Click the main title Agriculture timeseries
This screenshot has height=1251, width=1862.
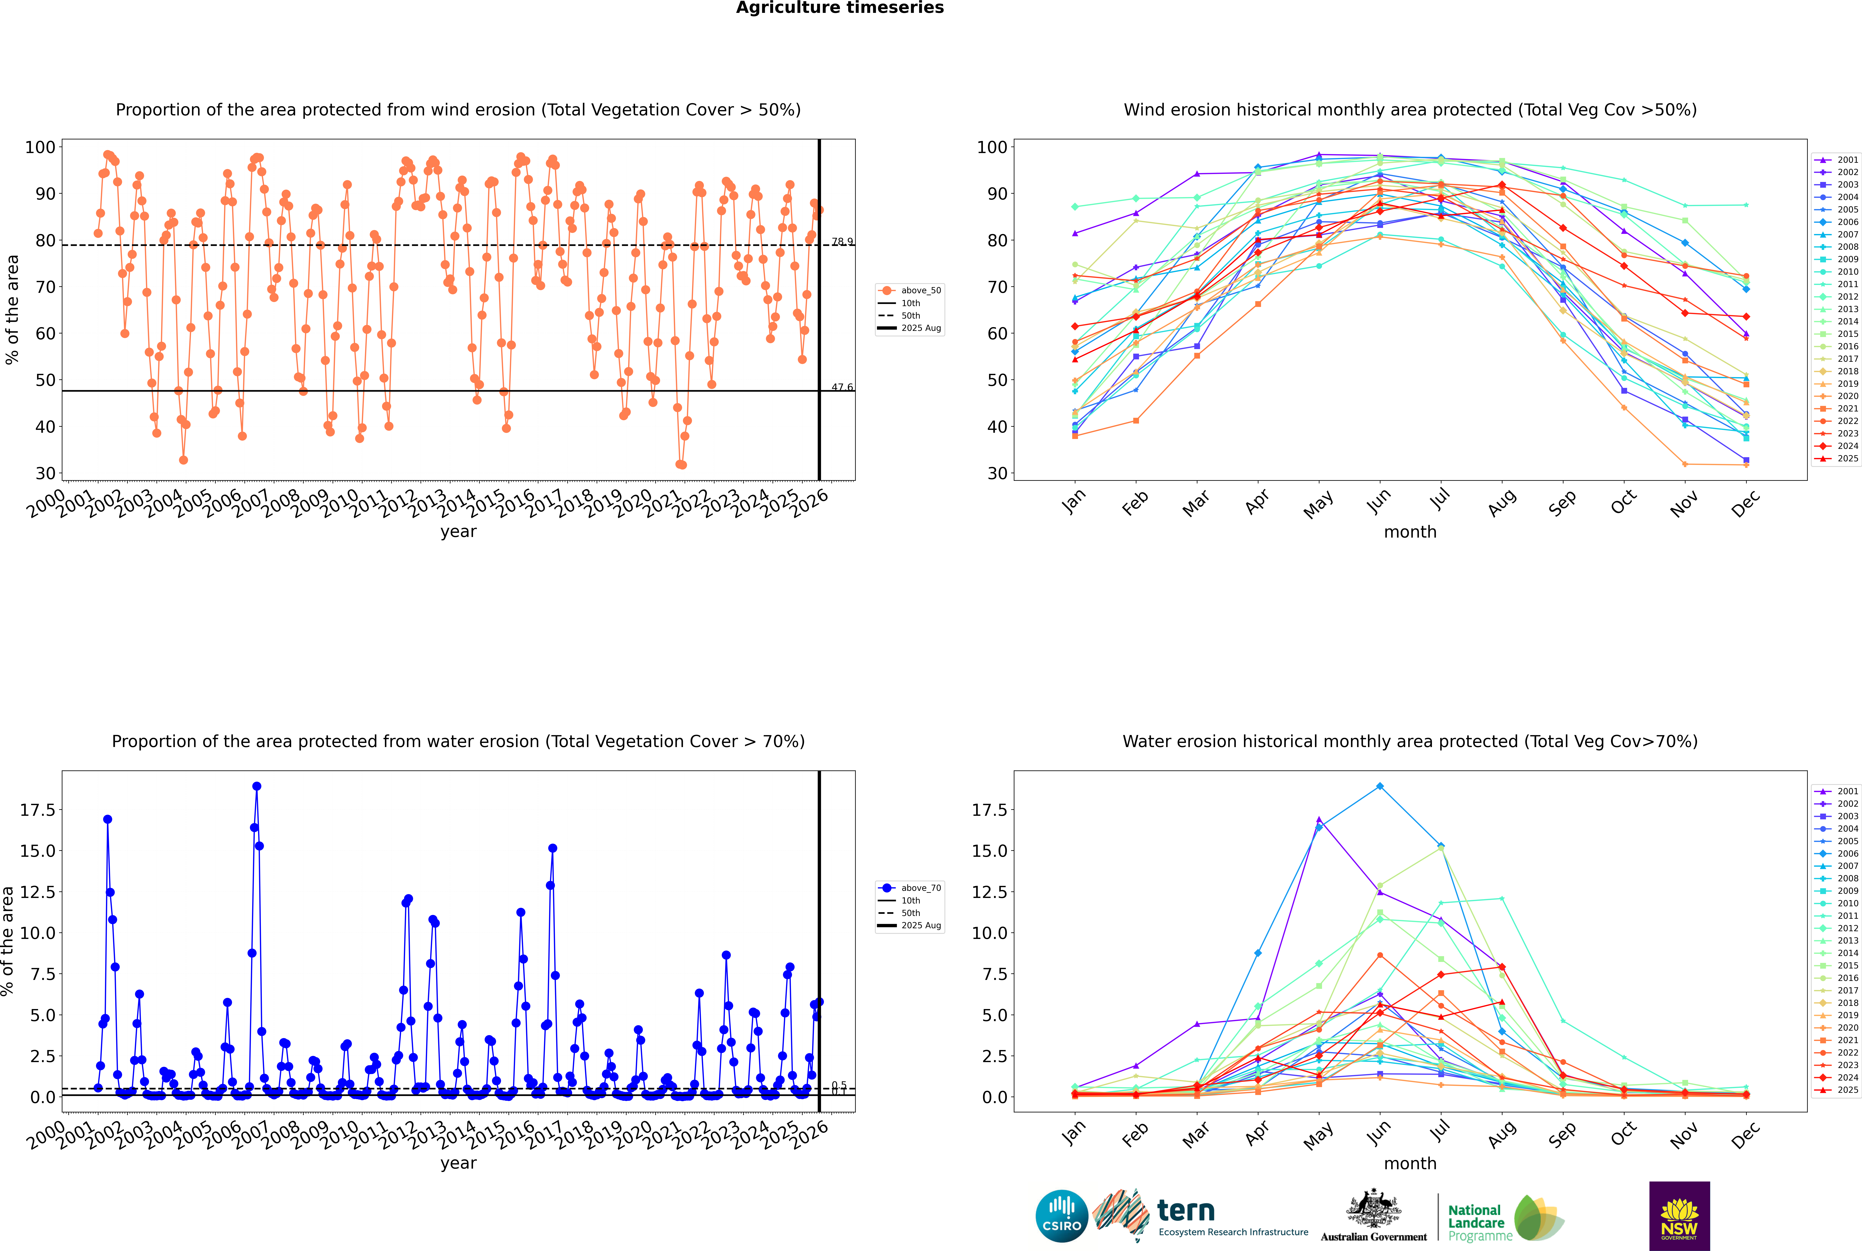(x=840, y=8)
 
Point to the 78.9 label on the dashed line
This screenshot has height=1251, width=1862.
(x=842, y=242)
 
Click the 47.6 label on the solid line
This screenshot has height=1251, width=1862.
(x=842, y=388)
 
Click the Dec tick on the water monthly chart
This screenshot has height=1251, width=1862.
(x=1746, y=1135)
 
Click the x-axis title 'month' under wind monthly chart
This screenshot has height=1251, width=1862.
(x=1410, y=532)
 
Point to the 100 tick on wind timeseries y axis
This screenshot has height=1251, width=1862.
(x=40, y=147)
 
